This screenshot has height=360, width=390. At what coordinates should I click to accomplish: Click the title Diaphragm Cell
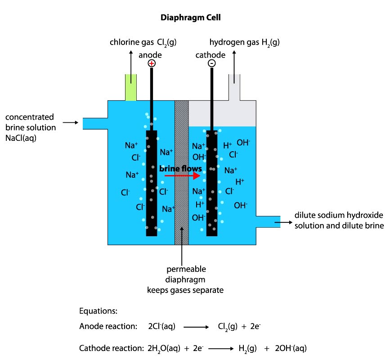pos(191,18)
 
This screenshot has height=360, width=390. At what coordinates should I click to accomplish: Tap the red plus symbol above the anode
pos(152,63)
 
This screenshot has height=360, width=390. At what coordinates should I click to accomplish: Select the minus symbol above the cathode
pos(211,63)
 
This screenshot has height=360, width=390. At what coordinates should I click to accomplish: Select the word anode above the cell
pos(150,55)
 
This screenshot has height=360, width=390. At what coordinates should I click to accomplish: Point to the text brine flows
pos(180,168)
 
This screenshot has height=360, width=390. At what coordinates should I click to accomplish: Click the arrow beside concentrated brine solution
pos(70,122)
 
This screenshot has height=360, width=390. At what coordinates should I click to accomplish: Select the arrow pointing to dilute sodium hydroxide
pos(282,222)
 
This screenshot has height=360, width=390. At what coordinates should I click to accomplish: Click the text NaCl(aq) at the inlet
pos(21,138)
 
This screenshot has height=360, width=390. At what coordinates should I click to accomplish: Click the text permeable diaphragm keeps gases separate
pos(185,279)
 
